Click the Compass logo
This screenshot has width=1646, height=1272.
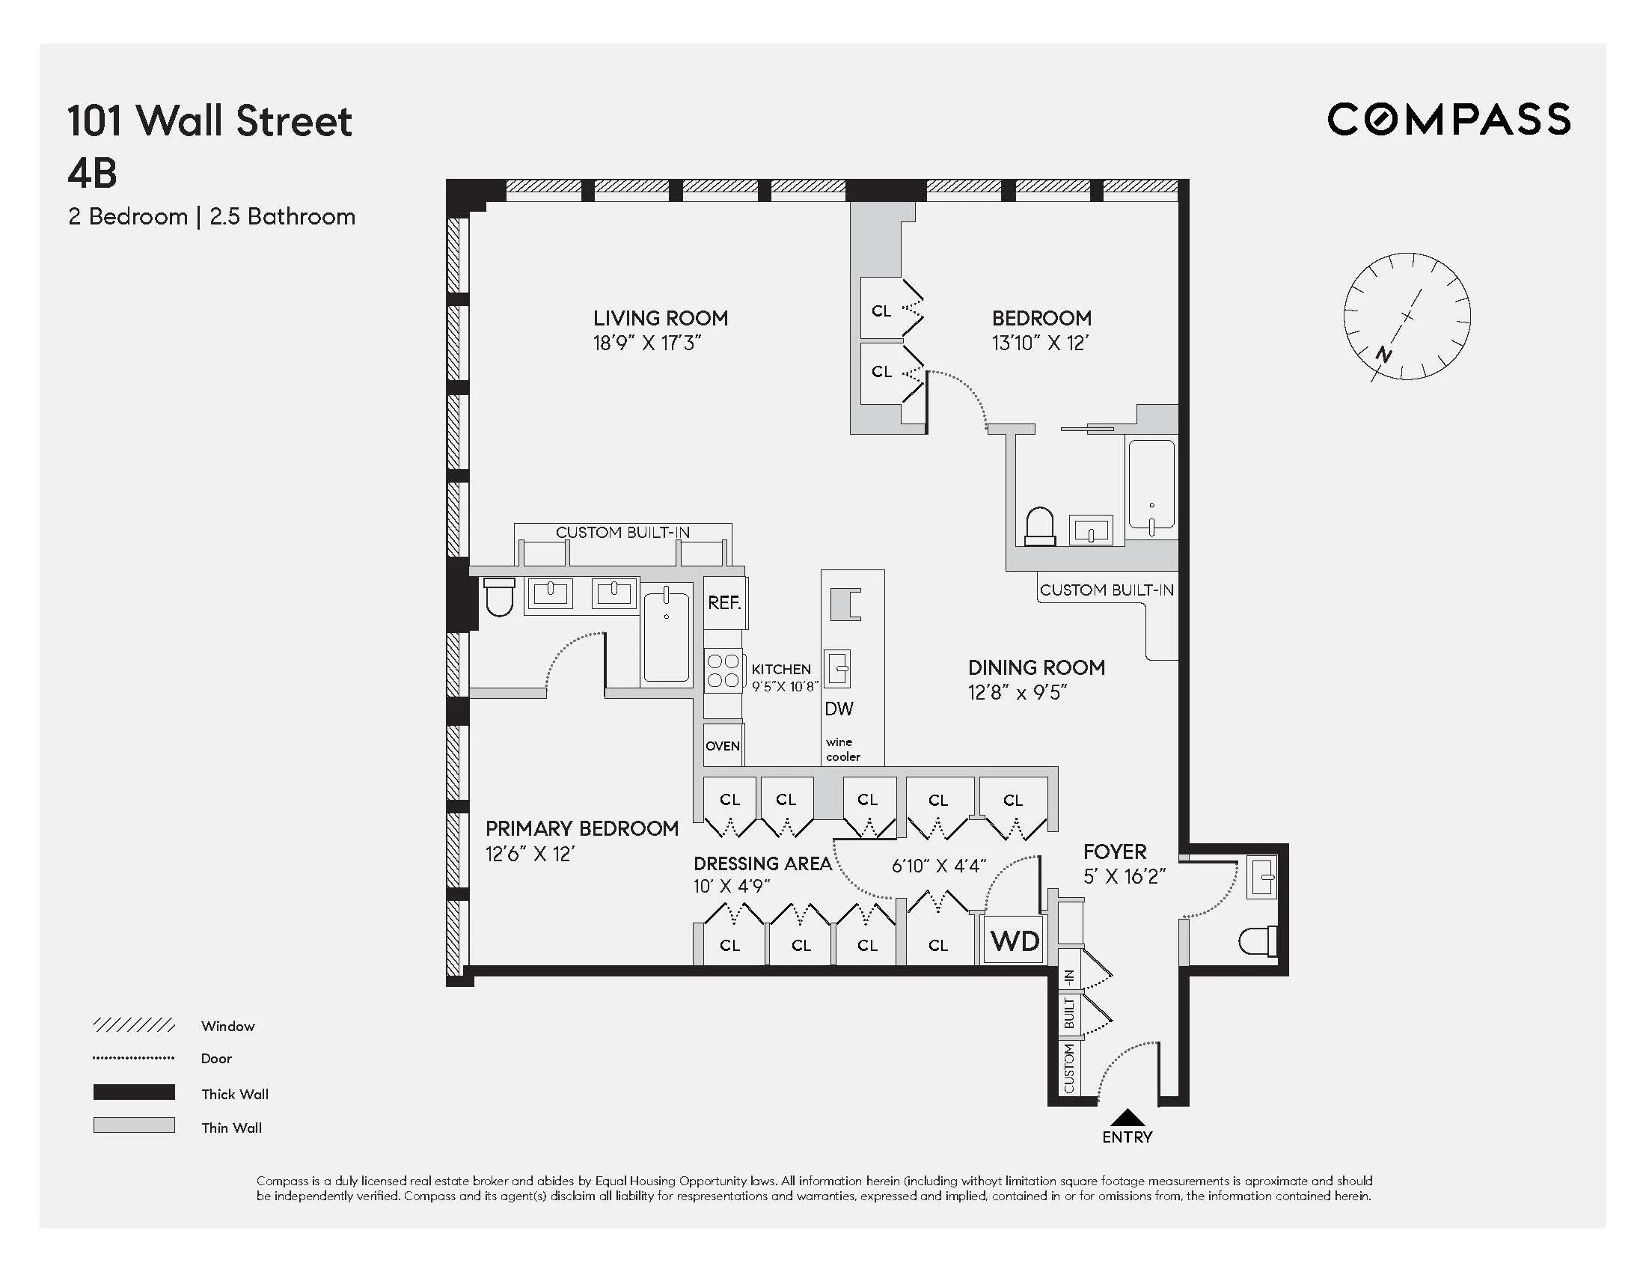coord(1448,120)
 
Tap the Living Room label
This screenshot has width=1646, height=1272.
coord(660,318)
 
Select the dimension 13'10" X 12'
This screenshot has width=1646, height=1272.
coord(1040,343)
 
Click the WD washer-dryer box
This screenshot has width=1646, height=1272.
coord(1015,941)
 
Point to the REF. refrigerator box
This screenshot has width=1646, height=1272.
coord(725,603)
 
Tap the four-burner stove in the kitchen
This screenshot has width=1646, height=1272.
coord(723,670)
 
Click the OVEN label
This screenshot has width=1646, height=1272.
coord(723,746)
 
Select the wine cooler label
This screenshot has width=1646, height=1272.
coord(842,750)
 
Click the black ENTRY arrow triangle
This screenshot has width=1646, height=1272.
coord(1128,1117)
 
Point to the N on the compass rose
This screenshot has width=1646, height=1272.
coord(1383,353)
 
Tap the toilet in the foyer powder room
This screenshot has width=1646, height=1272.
coord(1258,941)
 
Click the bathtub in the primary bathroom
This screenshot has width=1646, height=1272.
coord(666,637)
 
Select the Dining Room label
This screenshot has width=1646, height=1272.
coord(1036,667)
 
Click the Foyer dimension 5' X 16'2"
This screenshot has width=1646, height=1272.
coord(1124,876)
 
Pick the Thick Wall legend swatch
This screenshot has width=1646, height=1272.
coord(134,1092)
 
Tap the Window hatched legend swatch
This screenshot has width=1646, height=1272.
coord(134,1026)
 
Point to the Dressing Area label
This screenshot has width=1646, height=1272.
coord(762,863)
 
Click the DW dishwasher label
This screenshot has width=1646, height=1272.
coord(839,709)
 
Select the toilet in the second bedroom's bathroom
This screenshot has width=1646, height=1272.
coord(1039,526)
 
